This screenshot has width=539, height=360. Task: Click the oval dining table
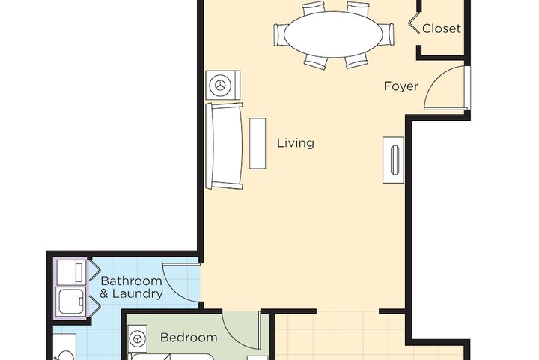click(332, 33)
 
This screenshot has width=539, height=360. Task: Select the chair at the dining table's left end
click(280, 34)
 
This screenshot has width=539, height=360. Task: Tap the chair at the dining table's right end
click(386, 34)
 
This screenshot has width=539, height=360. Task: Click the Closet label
click(442, 29)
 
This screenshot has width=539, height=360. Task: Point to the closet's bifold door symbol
click(412, 28)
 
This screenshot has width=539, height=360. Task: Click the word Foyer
click(401, 85)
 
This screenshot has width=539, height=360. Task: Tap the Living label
click(296, 142)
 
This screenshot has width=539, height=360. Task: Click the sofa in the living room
click(225, 146)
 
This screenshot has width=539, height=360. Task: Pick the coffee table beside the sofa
click(258, 143)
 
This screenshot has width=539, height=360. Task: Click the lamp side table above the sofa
click(223, 85)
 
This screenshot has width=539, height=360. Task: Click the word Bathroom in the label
click(131, 280)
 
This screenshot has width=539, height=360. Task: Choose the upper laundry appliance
click(71, 271)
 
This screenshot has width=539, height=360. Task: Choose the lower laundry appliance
click(71, 301)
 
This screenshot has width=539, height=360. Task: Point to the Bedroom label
click(189, 337)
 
